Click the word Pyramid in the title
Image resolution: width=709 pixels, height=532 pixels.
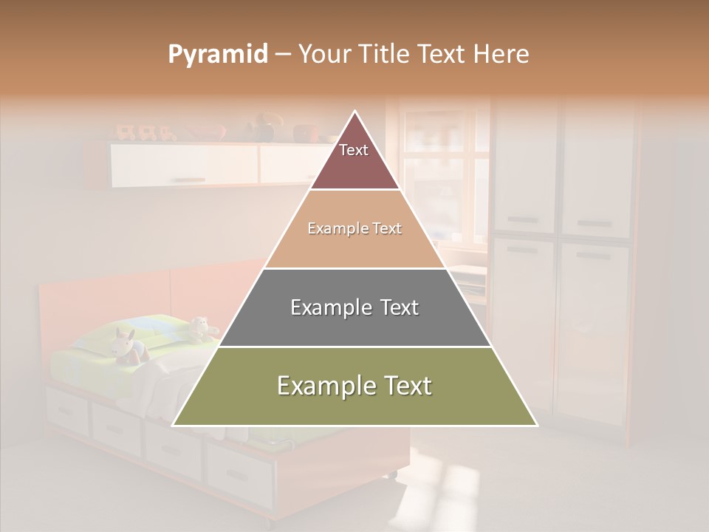click(x=218, y=55)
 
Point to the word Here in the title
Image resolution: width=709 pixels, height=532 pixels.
click(x=501, y=55)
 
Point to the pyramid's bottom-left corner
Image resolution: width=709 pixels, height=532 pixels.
click(x=174, y=425)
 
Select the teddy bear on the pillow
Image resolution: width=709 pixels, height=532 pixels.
click(x=199, y=327)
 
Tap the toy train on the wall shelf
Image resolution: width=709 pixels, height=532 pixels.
click(x=145, y=133)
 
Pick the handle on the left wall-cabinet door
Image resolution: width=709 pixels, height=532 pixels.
click(x=190, y=180)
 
